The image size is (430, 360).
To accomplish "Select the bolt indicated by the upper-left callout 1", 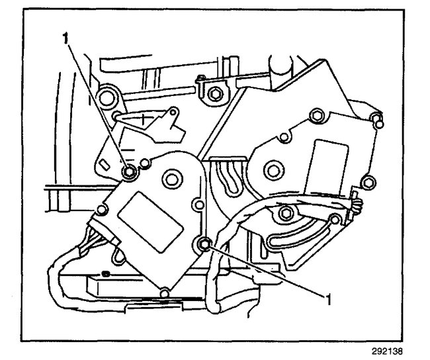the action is tap(130, 173).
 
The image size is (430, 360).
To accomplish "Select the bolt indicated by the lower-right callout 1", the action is tap(206, 245).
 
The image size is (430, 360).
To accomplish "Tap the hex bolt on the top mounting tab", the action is tap(214, 93).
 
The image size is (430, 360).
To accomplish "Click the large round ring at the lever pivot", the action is tap(105, 100).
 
